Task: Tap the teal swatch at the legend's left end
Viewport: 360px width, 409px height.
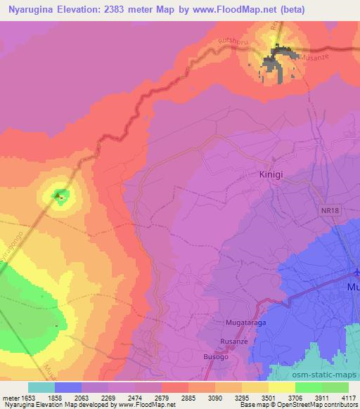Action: pos(41,387)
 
